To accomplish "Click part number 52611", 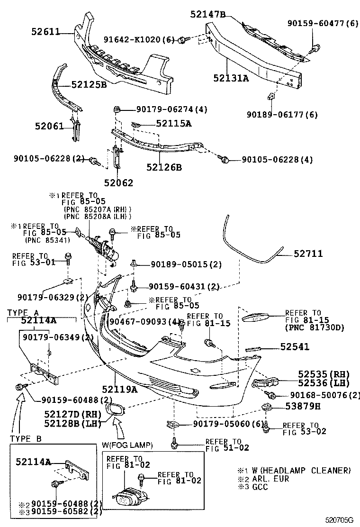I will [x=45, y=32].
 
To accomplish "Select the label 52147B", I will [x=208, y=15].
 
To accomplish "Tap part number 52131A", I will [x=230, y=78].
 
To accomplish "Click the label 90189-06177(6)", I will [x=283, y=114].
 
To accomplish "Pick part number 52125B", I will [x=89, y=85].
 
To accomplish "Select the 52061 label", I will [x=49, y=126].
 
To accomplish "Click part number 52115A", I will [x=174, y=124].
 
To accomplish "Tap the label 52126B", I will [x=164, y=167].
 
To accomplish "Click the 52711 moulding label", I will [x=308, y=254].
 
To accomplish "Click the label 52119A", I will [x=119, y=390].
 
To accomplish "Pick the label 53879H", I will [x=303, y=406].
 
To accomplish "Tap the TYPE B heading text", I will [x=26, y=439].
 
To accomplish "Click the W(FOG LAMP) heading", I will [x=127, y=445].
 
